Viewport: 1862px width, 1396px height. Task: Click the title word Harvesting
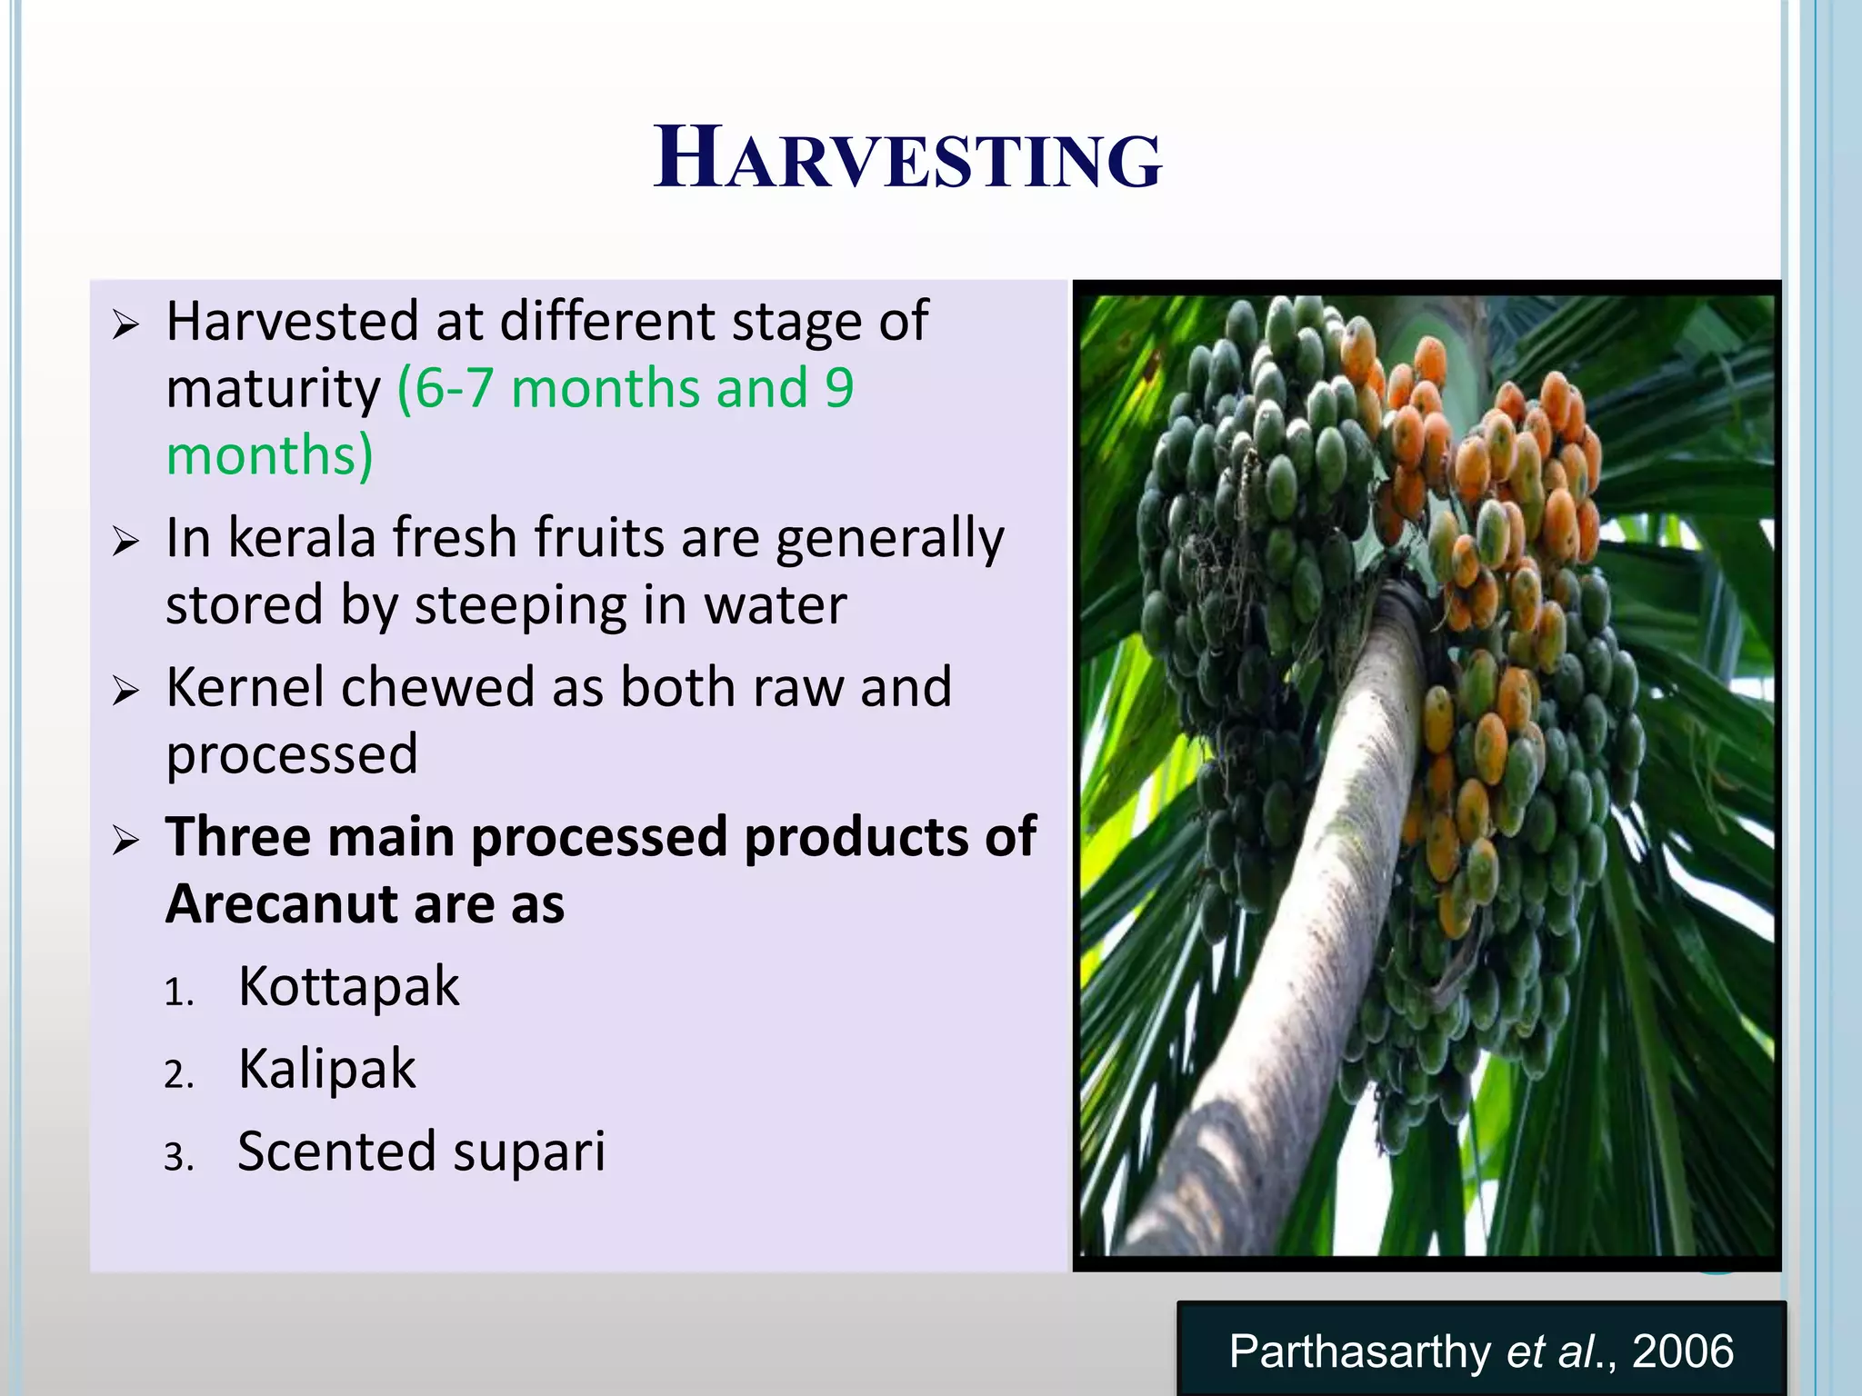tap(907, 159)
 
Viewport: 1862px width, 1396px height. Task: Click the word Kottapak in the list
tap(348, 987)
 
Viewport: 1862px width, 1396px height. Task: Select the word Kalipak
tap(326, 1070)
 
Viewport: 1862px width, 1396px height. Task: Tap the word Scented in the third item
tap(335, 1152)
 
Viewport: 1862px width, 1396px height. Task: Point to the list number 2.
tap(179, 1075)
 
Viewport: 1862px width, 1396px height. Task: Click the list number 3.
tap(179, 1158)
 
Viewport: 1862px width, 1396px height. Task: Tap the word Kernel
tap(245, 687)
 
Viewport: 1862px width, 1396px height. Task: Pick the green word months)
tap(269, 455)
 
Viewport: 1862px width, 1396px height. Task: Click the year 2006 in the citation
tap(1683, 1351)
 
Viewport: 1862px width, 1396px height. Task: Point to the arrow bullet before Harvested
tap(125, 324)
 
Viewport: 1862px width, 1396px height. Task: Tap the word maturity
tap(273, 390)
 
